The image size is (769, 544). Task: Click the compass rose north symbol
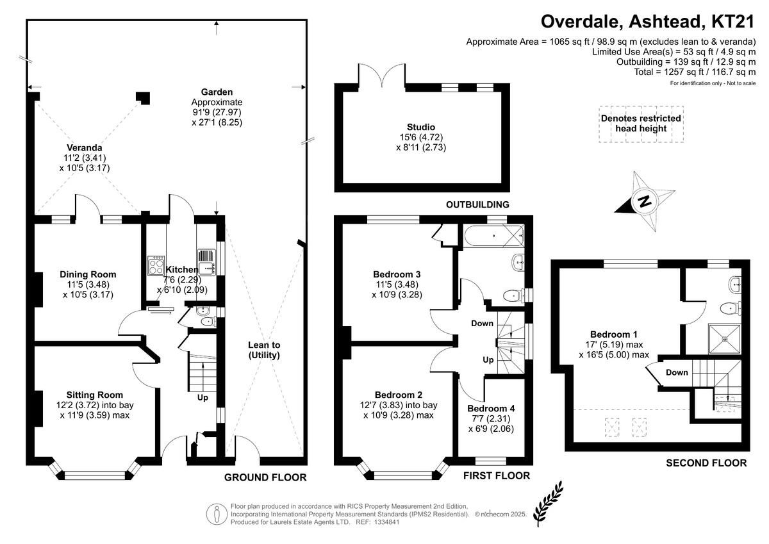(643, 202)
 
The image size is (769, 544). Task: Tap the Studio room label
(420, 127)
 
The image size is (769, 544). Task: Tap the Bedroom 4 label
(490, 408)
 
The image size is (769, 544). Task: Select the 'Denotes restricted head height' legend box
(640, 124)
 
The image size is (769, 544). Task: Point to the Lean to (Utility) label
(264, 350)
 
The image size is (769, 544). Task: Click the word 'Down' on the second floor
(677, 372)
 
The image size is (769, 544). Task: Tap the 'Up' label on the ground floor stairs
(203, 397)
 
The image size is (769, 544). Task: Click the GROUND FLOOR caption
(265, 477)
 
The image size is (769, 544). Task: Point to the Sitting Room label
(95, 395)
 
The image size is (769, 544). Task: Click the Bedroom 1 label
(613, 334)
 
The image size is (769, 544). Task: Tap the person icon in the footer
(217, 514)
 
